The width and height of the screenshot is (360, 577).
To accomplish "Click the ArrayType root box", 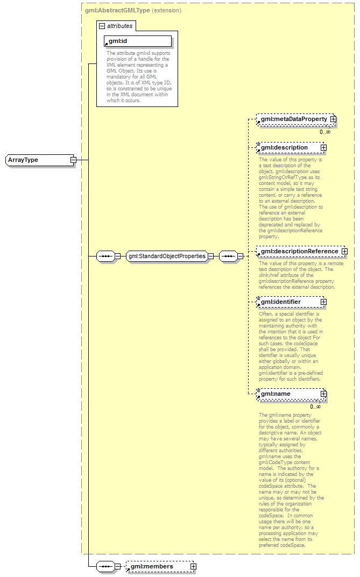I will [x=38, y=160].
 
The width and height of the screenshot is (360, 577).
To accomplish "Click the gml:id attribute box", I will [x=138, y=41].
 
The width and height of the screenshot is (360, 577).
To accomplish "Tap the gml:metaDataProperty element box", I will [x=294, y=119].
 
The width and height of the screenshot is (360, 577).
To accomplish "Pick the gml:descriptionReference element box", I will [x=299, y=251].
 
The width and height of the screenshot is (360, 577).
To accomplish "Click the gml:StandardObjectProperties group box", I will [x=167, y=256].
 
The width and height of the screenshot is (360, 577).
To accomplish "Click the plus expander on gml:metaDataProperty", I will [x=333, y=119].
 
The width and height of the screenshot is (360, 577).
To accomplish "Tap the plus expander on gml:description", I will [x=323, y=147].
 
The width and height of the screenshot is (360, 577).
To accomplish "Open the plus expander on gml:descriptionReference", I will [x=344, y=251].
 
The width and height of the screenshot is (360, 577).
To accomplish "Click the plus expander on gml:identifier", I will [x=323, y=302].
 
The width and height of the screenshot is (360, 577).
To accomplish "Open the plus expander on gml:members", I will [x=193, y=566].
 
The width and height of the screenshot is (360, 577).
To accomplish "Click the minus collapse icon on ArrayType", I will [x=73, y=160].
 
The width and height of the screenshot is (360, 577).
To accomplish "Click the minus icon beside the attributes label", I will [x=102, y=25].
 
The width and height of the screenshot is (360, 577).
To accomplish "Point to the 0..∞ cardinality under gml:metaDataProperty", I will [x=325, y=132].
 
